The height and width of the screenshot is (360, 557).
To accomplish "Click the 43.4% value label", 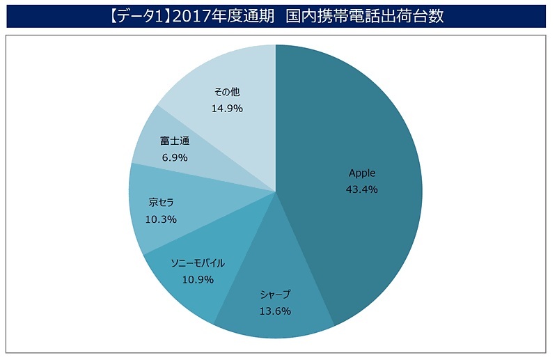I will pyautogui.click(x=361, y=189).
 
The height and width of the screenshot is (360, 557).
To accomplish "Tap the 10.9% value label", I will pyautogui.click(x=198, y=279).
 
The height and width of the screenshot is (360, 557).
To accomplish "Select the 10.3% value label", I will pyautogui.click(x=161, y=219).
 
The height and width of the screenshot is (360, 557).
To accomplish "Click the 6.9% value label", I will pyautogui.click(x=175, y=157).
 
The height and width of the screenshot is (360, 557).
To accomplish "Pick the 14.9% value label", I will pyautogui.click(x=227, y=109).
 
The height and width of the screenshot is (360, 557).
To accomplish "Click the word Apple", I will pyautogui.click(x=361, y=173).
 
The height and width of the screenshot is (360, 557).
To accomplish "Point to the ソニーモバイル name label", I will pyautogui.click(x=198, y=263).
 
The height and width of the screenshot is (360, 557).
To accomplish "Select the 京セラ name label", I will pyautogui.click(x=161, y=203).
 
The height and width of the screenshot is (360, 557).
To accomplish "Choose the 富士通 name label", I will pyautogui.click(x=175, y=141).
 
